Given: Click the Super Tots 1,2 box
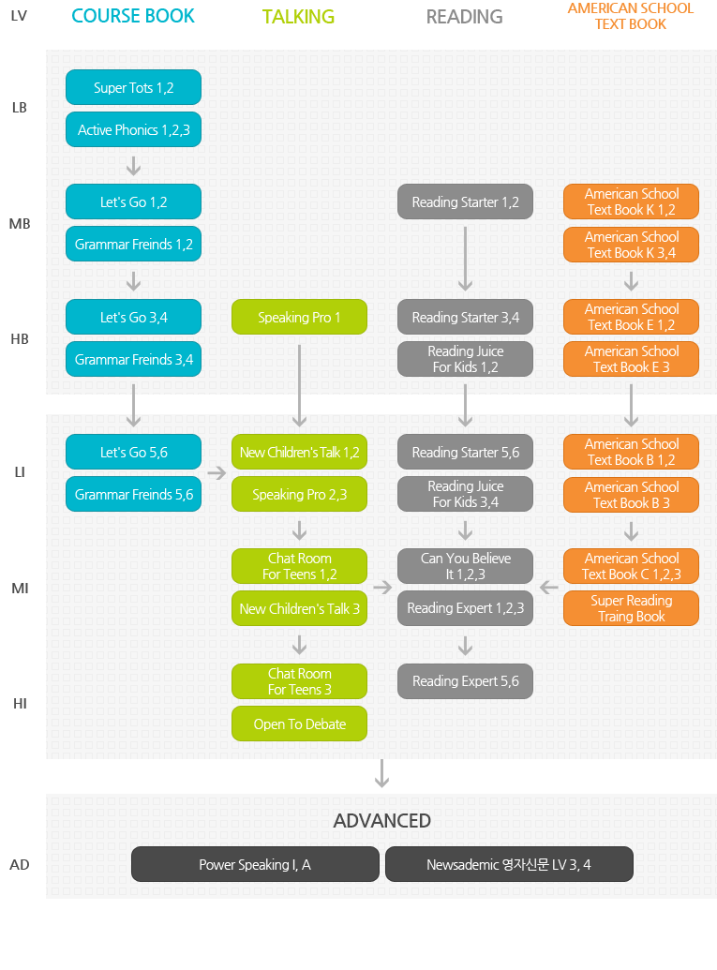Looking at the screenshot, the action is pyautogui.click(x=134, y=87).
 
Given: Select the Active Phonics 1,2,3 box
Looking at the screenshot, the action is pyautogui.click(x=134, y=129).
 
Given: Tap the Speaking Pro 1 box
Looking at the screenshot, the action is pyautogui.click(x=299, y=317).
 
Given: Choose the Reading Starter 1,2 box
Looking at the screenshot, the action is pyautogui.click(x=465, y=201).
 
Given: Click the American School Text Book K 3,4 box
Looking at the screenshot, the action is pyautogui.click(x=631, y=245).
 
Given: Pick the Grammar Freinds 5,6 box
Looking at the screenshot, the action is pyautogui.click(x=134, y=494).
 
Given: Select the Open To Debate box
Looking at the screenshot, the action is pyautogui.click(x=299, y=724).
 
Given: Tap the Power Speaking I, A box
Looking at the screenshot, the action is pyautogui.click(x=255, y=864).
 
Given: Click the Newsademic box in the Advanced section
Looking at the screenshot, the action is pyautogui.click(x=509, y=864).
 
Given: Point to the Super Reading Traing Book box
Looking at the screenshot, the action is pyautogui.click(x=631, y=608).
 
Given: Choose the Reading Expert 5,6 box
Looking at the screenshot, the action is pyautogui.click(x=465, y=681).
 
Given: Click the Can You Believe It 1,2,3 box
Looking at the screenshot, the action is pyautogui.click(x=465, y=566).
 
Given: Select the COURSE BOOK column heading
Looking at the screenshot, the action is pyautogui.click(x=133, y=16).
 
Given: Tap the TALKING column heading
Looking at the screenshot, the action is pyautogui.click(x=298, y=17).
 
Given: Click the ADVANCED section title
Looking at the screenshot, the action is pyautogui.click(x=382, y=820).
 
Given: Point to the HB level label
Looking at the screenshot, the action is pyautogui.click(x=20, y=339).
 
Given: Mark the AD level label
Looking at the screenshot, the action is pyautogui.click(x=19, y=865).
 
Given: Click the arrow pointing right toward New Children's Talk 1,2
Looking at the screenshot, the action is pyautogui.click(x=217, y=473).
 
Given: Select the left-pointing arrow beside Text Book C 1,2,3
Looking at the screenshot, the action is pyautogui.click(x=548, y=587).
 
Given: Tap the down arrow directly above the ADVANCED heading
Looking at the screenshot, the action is pyautogui.click(x=382, y=773).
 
